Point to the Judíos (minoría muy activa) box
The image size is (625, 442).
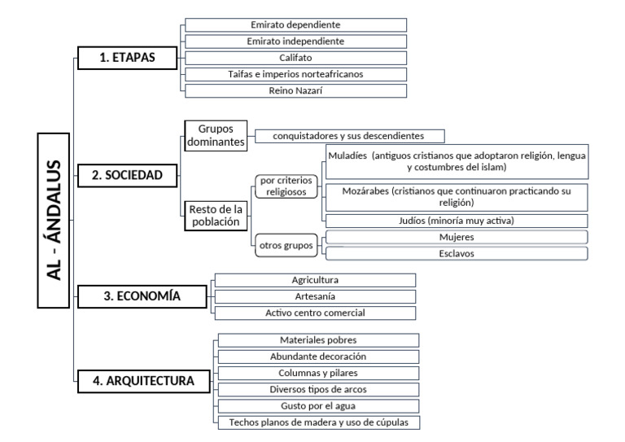pyautogui.click(x=455, y=221)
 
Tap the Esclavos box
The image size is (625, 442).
pyautogui.click(x=455, y=253)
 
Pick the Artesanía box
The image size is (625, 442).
pyautogui.click(x=314, y=296)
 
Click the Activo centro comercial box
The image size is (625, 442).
pyautogui.click(x=314, y=313)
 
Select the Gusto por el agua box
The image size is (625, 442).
pyautogui.click(x=317, y=405)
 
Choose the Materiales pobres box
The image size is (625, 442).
pyautogui.click(x=317, y=340)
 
